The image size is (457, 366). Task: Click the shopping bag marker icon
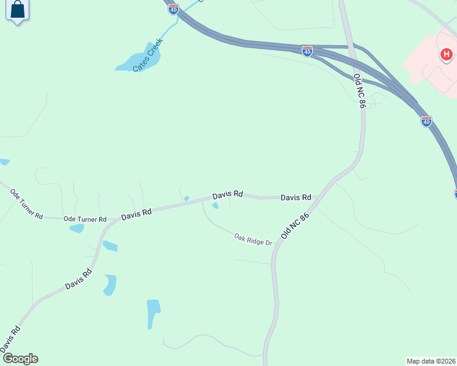tap(18, 10)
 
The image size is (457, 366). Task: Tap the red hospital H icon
tap(447, 55)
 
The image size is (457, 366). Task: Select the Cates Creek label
tap(147, 56)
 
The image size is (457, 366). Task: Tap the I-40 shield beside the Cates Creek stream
tap(174, 9)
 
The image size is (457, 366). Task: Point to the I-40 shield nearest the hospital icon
tap(426, 121)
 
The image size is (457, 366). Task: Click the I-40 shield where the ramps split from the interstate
tap(307, 51)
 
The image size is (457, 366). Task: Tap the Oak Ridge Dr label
tap(253, 239)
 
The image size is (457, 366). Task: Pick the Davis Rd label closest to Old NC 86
tap(296, 197)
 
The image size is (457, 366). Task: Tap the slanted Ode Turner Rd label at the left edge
tap(26, 204)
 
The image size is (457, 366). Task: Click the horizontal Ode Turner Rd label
tap(85, 219)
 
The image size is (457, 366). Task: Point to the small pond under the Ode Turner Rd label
tap(77, 229)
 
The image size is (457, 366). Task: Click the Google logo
tap(20, 359)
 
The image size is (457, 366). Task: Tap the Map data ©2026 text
tap(431, 361)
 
